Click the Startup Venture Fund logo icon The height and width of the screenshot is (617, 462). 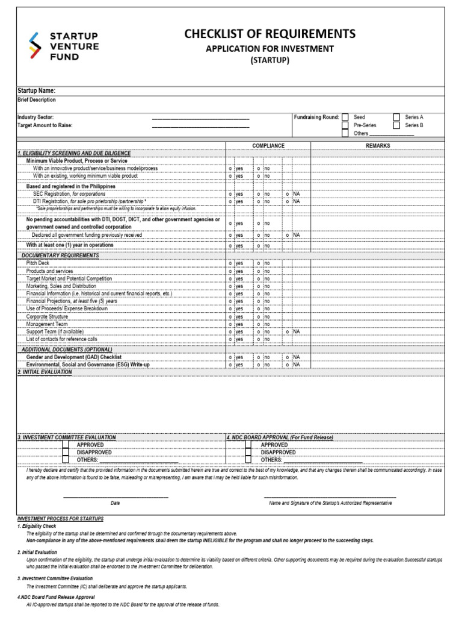35,47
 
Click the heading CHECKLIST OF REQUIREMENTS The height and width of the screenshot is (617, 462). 269,34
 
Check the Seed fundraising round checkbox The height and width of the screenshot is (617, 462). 345,117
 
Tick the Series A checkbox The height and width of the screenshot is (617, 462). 396,117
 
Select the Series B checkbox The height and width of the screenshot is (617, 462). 396,125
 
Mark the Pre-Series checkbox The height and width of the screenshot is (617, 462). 345,125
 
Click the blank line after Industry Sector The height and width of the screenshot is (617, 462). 200,117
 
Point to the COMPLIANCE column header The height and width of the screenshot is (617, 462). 268,146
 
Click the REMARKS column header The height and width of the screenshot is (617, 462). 378,146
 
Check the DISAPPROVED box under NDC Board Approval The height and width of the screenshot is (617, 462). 248,453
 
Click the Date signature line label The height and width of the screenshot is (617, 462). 115,503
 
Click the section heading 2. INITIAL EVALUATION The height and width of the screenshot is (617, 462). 45,372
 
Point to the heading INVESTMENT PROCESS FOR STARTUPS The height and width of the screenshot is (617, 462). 60,518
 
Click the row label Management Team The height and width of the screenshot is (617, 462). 47,324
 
